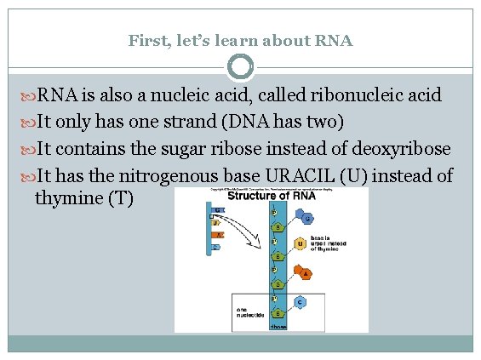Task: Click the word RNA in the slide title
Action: click(335, 40)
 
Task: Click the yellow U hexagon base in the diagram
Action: click(300, 245)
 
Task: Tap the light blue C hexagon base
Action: click(300, 301)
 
